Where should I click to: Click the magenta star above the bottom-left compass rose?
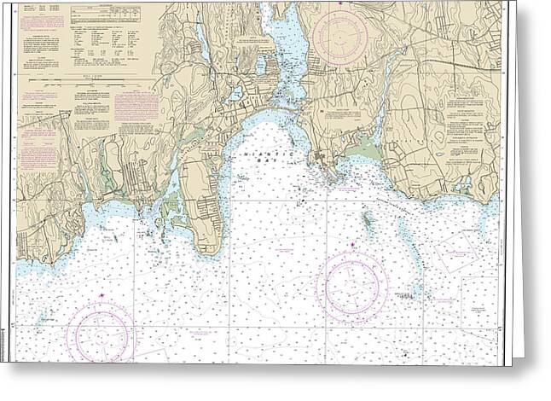coord(102,295)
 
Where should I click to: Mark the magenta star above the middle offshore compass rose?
coord(353,246)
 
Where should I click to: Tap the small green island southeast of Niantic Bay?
coord(368,221)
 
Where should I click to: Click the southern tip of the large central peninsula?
coord(208,250)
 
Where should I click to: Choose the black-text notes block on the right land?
coord(464,128)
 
